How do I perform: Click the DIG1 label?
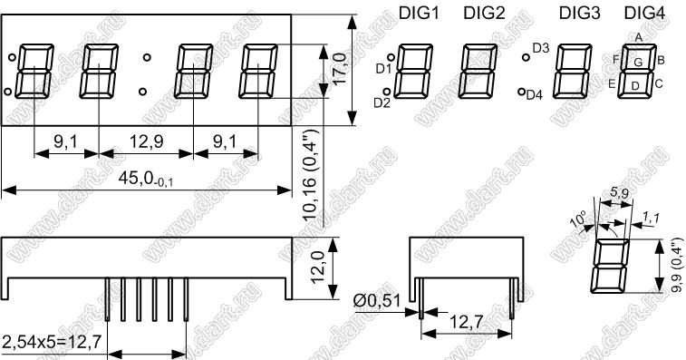pyautogui.click(x=419, y=14)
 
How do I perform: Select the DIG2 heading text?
pyautogui.click(x=484, y=14)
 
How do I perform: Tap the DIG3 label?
pyautogui.click(x=580, y=14)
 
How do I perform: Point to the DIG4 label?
pyautogui.click(x=644, y=14)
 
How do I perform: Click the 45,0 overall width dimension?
pyautogui.click(x=146, y=180)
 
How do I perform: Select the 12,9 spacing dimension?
pyautogui.click(x=146, y=141)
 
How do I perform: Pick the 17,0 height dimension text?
pyautogui.click(x=340, y=68)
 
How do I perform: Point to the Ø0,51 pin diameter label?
pyautogui.click(x=377, y=301)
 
